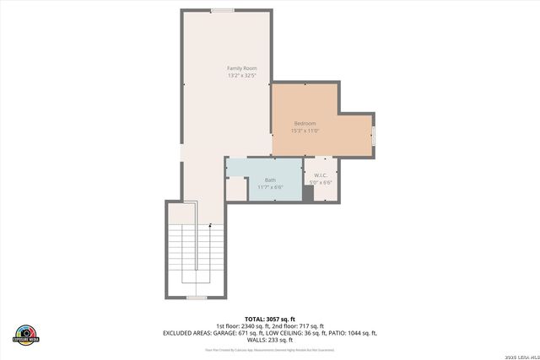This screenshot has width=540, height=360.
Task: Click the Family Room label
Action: (241, 67)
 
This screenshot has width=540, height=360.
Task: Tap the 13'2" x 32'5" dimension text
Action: (241, 76)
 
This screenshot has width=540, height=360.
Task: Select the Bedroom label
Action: (305, 123)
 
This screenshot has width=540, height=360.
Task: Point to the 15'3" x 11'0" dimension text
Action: (305, 131)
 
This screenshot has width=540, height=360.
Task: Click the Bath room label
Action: (270, 180)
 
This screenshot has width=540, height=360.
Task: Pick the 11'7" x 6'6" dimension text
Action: (270, 186)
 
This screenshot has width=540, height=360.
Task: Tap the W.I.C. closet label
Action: (321, 175)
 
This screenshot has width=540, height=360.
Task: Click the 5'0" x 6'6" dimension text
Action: (321, 182)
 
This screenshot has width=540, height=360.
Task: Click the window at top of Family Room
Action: (223, 10)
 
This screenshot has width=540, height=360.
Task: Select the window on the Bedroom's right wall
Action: (375, 135)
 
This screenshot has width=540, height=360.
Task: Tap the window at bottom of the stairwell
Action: (197, 298)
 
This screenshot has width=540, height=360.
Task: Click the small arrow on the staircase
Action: (209, 224)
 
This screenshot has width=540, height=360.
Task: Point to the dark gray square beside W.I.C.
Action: (308, 193)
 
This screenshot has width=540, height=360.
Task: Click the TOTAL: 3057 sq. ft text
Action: (270, 319)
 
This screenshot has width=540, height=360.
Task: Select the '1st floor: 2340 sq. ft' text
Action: (243, 326)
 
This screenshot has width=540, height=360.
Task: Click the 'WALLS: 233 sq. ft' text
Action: (270, 340)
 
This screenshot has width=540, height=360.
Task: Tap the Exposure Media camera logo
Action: (26, 334)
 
